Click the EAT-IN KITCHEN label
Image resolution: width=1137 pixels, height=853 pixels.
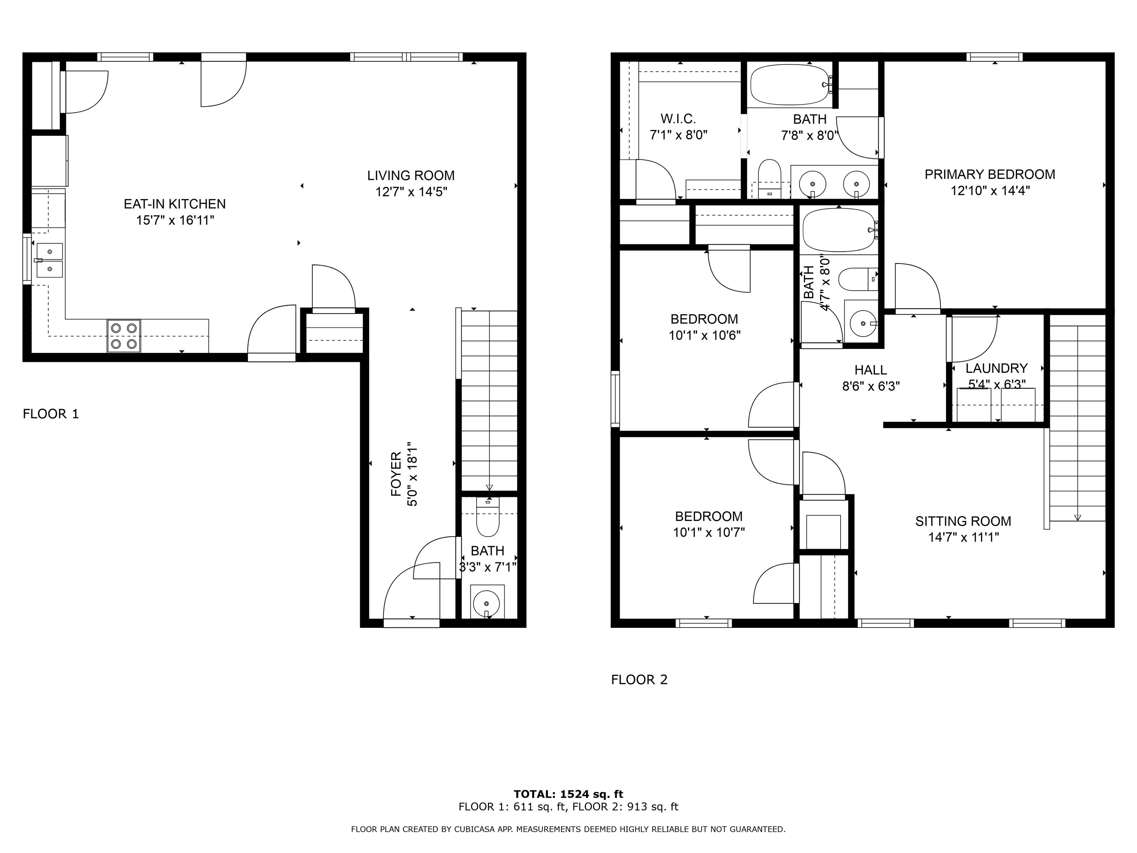click(x=175, y=204)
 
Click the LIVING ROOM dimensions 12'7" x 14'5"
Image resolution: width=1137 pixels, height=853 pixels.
click(x=411, y=192)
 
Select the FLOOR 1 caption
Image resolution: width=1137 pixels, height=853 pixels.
click(x=51, y=414)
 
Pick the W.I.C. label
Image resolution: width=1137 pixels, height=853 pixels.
click(x=678, y=119)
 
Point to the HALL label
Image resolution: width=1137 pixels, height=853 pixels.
click(x=871, y=370)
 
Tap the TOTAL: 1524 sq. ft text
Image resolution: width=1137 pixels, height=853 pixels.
click(x=568, y=795)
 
